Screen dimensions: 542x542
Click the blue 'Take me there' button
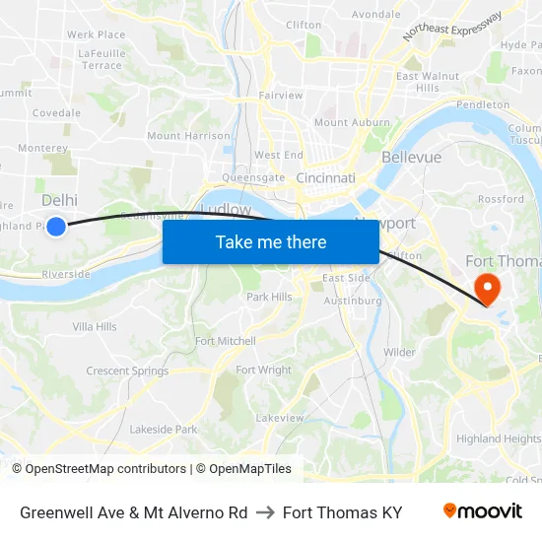(271, 241)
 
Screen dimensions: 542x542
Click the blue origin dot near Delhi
(56, 227)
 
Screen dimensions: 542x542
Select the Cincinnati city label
(325, 178)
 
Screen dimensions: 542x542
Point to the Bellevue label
(411, 157)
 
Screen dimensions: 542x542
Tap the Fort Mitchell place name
(225, 341)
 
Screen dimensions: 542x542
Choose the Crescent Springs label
(127, 372)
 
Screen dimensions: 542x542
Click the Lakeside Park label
(164, 430)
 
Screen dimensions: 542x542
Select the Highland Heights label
(498, 439)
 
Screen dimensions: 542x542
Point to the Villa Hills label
(95, 326)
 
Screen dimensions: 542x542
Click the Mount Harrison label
(188, 136)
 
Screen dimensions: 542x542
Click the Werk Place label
(94, 34)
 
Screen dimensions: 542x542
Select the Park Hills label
(269, 297)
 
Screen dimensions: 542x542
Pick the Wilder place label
(399, 352)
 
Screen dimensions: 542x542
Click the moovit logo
(483, 510)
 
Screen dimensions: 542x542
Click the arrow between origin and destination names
(265, 512)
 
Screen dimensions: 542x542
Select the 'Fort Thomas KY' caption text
(342, 512)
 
